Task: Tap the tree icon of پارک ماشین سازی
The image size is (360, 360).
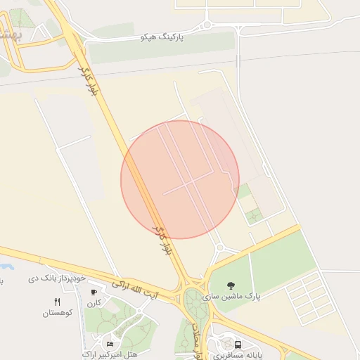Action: [x=231, y=285]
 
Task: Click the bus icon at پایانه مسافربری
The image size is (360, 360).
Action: [x=238, y=345]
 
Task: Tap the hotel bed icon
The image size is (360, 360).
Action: [x=110, y=343]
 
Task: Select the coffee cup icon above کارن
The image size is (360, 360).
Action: [x=94, y=292]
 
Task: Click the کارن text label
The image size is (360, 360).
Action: [x=94, y=303]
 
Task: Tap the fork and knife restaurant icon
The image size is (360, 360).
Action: [x=57, y=302]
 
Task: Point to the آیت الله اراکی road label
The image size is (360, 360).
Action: [x=134, y=290]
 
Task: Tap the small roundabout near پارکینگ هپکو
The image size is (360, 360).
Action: [x=207, y=27]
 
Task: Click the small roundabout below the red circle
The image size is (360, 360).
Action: [x=219, y=247]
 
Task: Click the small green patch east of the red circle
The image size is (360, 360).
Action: [x=245, y=191]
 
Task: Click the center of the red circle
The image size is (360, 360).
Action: [x=180, y=179]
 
